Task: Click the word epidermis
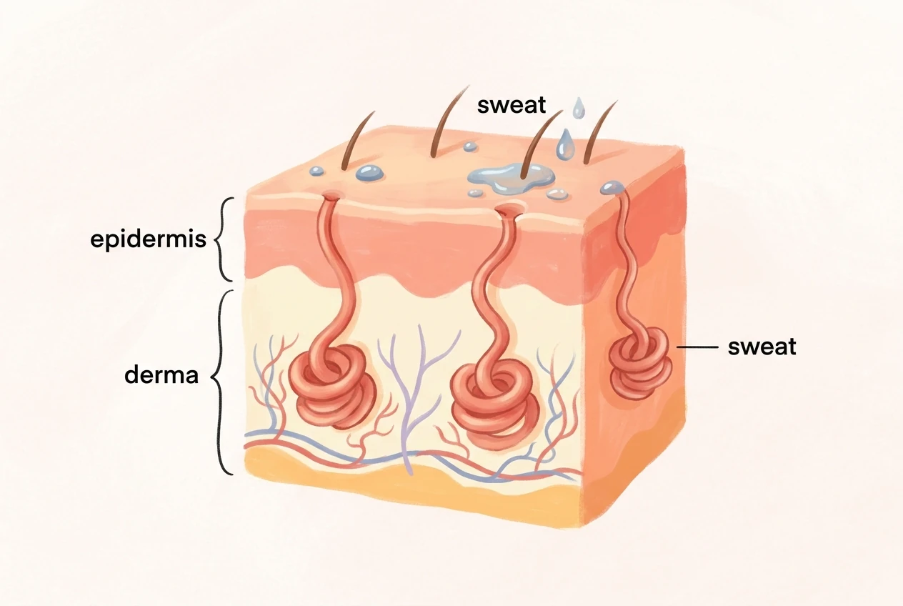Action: (148, 239)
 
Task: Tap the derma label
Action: (161, 375)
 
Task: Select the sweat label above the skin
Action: (512, 104)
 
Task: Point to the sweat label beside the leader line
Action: (762, 347)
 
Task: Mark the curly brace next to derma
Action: (219, 382)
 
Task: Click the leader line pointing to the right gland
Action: (697, 347)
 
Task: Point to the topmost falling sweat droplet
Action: (579, 108)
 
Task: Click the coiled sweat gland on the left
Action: (333, 385)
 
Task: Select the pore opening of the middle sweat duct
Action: (510, 209)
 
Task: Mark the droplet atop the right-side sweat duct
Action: (612, 187)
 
